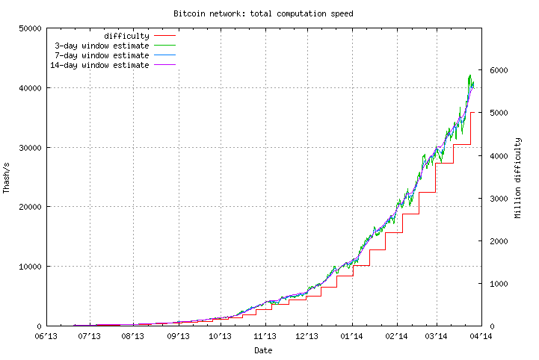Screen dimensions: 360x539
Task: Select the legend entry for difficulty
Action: coord(126,36)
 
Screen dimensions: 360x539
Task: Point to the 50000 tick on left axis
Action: coord(29,28)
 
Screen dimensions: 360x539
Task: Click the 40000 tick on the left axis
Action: coord(29,88)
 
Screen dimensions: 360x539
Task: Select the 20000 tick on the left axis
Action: coord(29,207)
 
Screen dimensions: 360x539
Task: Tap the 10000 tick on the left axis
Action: coord(29,267)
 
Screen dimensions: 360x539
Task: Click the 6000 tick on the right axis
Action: coord(499,70)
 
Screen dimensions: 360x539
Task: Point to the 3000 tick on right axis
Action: coord(499,199)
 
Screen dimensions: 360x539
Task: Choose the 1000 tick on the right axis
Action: coord(499,284)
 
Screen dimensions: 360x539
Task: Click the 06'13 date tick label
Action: coord(46,337)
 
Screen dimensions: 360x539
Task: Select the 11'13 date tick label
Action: coord(265,337)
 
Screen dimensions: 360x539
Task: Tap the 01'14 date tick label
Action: coord(352,337)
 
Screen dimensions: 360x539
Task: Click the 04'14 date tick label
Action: coord(480,337)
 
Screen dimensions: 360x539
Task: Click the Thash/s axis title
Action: coord(7,177)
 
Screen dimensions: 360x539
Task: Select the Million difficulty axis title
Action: coord(517,177)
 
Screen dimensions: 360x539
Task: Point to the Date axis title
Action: coord(263,350)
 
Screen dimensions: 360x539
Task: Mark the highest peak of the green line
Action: coord(469,75)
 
